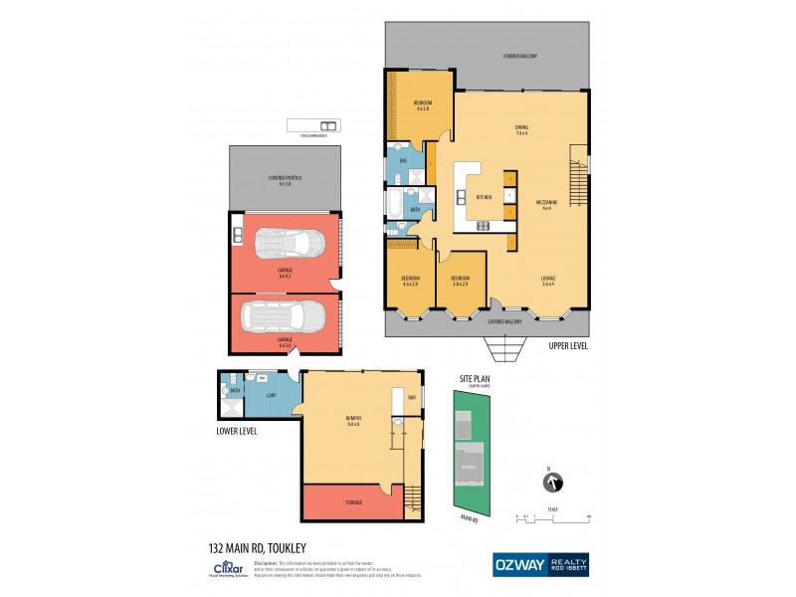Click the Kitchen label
(485, 198)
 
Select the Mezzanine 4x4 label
(548, 205)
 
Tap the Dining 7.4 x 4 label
(520, 130)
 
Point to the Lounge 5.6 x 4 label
(547, 281)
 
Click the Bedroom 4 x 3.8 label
(421, 105)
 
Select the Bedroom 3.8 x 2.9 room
(460, 282)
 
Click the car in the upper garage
(286, 244)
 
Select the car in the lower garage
(286, 317)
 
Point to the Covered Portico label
(285, 181)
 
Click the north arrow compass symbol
(548, 485)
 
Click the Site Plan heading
(472, 379)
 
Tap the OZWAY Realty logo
(541, 564)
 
